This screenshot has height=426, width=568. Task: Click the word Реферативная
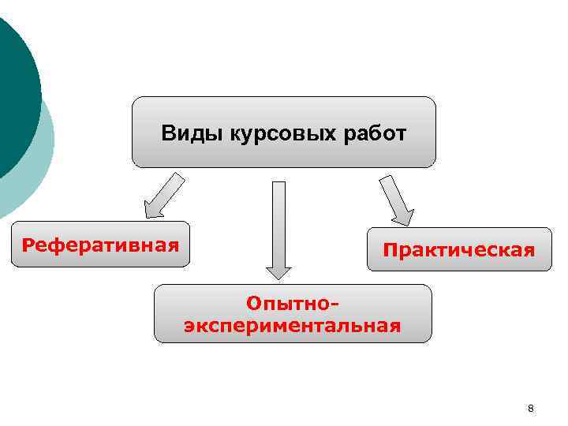100,244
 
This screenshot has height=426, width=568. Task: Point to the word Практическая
459,251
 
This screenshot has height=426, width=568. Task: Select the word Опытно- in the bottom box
293,304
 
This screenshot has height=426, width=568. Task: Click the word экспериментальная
293,324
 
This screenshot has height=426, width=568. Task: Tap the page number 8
530,408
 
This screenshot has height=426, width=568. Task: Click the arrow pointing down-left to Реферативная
164,196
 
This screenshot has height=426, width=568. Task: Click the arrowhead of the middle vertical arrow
278,270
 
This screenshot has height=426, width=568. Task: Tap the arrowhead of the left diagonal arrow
151,210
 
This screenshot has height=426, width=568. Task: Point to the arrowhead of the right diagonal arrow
405,216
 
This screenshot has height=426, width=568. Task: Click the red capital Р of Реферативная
28,245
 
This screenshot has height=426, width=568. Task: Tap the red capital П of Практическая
390,251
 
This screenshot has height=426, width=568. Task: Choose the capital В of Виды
167,133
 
